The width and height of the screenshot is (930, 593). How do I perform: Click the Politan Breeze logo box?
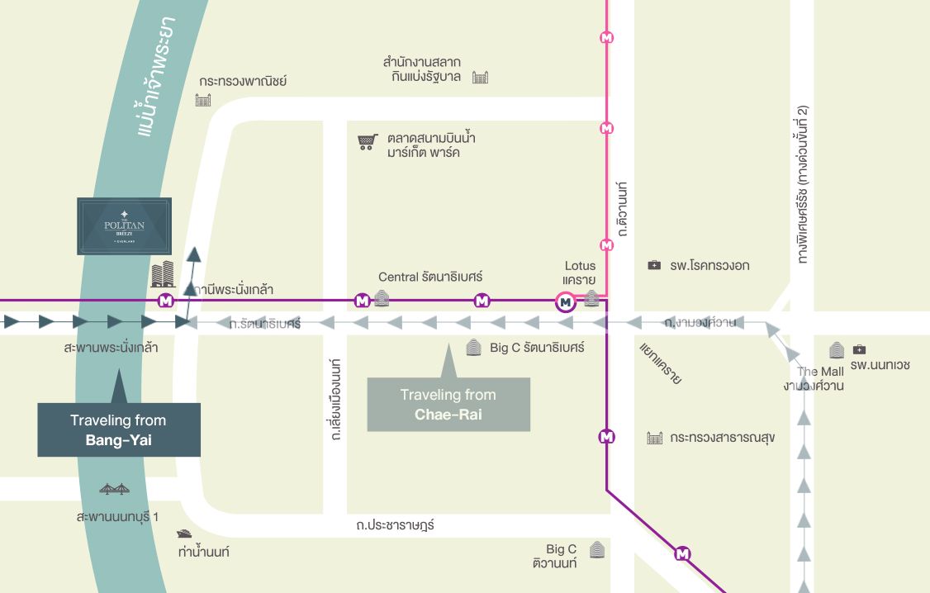pos(124,225)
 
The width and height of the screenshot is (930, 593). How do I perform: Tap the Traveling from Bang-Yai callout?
pos(119,430)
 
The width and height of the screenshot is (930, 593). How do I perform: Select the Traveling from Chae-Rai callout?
pos(448,405)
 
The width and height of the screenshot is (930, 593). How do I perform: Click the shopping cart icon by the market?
pos(367,142)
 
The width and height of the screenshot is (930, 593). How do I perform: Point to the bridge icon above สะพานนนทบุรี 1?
pos(114,490)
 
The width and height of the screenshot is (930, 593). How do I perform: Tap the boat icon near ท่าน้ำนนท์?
pos(184,534)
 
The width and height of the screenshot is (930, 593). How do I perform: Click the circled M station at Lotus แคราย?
pos(565,303)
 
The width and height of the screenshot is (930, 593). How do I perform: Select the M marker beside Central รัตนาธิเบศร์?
pos(361,301)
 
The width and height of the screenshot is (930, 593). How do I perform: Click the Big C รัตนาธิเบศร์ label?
pos(536,348)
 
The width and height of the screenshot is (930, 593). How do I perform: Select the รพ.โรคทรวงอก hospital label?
pos(709,266)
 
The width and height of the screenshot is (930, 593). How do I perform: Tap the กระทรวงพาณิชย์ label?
pos(243,82)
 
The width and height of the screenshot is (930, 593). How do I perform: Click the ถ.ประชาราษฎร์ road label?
pos(395,524)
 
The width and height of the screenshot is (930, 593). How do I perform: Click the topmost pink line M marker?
pos(608,37)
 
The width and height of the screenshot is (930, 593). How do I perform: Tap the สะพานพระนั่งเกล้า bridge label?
pos(111,348)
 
